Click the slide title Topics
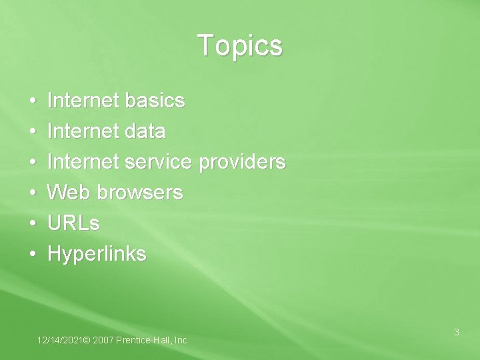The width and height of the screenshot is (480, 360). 240,46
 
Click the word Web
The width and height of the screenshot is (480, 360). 70,193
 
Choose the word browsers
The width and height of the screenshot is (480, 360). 140,193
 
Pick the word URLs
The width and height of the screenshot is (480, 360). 74,223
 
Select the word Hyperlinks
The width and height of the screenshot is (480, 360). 97,255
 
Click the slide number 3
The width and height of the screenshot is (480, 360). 457,331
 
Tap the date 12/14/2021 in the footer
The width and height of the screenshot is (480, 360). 61,341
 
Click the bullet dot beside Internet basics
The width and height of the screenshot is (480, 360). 33,101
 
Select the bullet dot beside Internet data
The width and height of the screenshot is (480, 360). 33,132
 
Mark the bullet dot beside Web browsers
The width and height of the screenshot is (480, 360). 33,193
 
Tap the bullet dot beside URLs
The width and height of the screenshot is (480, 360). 33,224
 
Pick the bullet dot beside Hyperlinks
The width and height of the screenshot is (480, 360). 33,255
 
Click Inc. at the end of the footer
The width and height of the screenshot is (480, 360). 181,341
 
